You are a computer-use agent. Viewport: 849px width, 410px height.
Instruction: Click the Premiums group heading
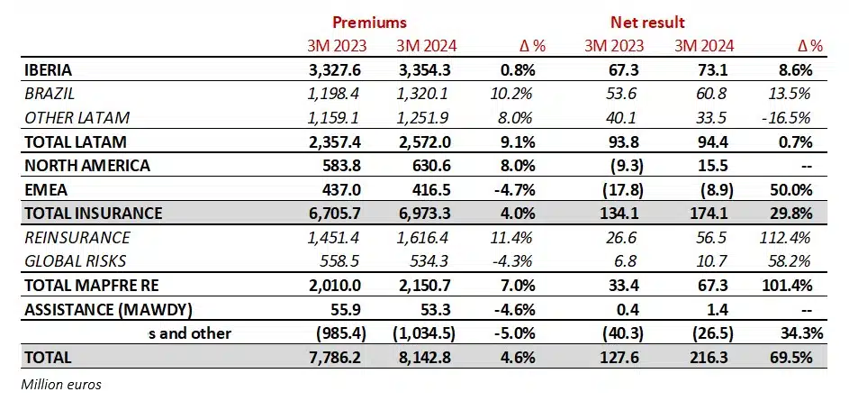point(369,22)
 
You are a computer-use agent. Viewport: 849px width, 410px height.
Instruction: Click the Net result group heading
point(646,22)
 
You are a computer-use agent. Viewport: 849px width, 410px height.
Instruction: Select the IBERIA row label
point(49,69)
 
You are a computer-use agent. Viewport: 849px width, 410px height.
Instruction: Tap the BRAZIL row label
point(50,94)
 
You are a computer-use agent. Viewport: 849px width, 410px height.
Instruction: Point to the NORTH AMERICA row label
point(86,166)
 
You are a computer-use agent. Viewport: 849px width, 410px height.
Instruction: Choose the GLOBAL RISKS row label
point(76,261)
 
